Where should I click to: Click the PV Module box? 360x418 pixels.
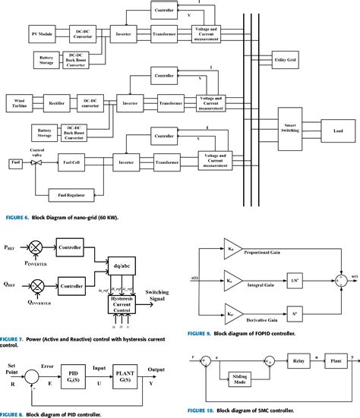[x=42, y=35]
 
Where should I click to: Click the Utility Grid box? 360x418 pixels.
[x=286, y=58]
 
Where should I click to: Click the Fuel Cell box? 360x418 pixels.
[x=74, y=163]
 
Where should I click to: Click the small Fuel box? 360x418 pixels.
[x=15, y=163]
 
